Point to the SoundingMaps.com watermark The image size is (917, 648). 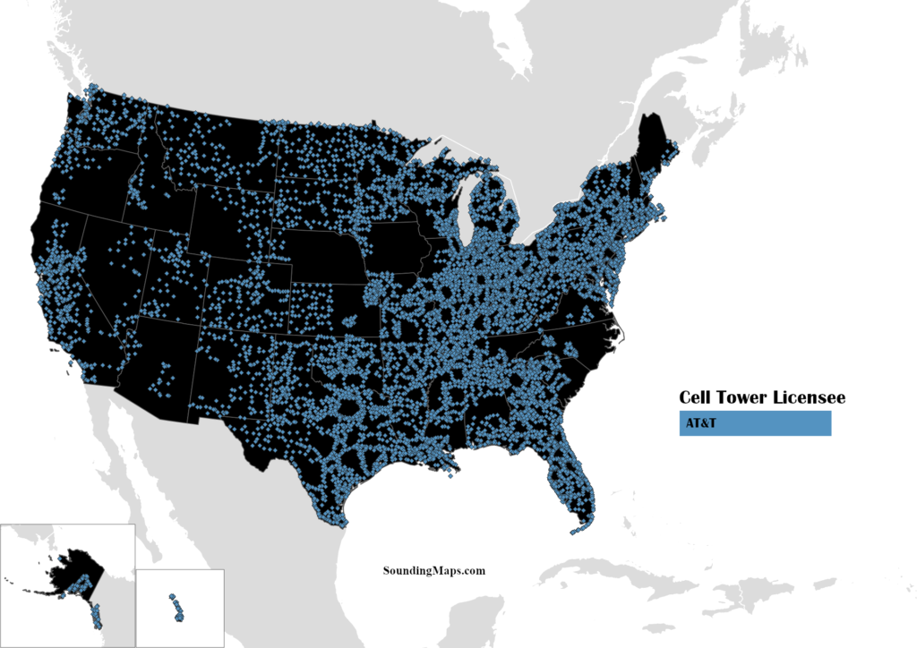pyautogui.click(x=434, y=569)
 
